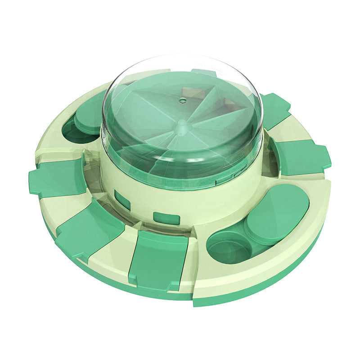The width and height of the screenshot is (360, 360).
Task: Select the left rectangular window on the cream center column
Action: point(122,199)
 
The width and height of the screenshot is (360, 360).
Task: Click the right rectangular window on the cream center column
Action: point(166,218)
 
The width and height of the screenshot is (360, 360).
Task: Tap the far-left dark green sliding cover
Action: point(58,177)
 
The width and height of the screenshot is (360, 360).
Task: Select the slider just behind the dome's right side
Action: point(275,111)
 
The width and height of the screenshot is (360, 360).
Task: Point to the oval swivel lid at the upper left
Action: point(90,115)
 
